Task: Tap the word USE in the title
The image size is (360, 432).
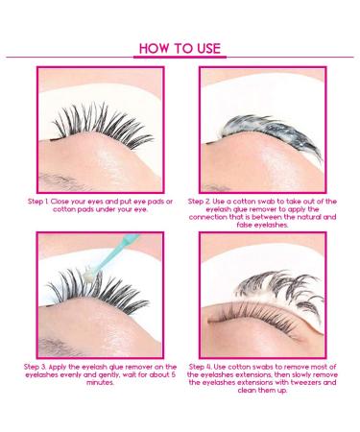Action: [205, 47]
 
